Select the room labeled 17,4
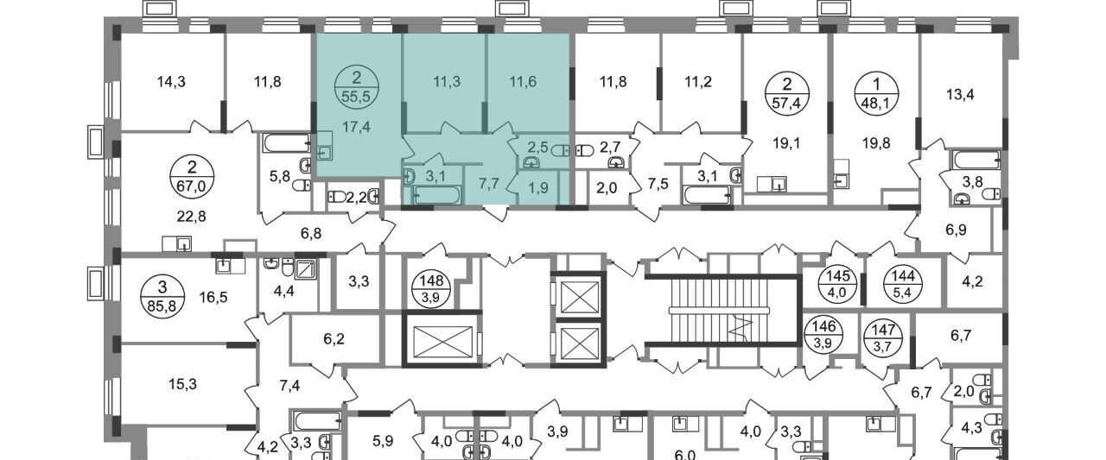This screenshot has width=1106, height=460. pos(357,127)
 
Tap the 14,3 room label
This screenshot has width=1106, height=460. pos(171,81)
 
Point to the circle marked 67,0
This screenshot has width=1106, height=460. pos(192,177)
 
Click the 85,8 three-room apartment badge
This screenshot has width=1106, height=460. pos(162,296)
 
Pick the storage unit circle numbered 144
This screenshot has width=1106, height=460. pos(904,284)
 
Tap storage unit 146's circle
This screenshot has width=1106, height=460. pos(824,335)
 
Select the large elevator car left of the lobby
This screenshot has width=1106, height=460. pos(441,340)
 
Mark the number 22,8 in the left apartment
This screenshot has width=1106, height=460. pos(192,217)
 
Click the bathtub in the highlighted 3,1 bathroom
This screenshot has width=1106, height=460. pos(437,195)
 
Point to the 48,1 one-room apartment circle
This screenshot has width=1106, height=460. pos(877,93)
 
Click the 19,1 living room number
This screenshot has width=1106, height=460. pos(787,143)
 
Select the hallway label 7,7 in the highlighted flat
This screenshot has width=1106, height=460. pos(488,184)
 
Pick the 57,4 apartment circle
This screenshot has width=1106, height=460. pos(787,93)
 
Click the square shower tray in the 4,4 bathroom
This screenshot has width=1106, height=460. pos(306,268)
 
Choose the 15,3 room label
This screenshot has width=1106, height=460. pos(182,383)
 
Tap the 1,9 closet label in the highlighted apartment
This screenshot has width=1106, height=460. pos(538,187)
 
